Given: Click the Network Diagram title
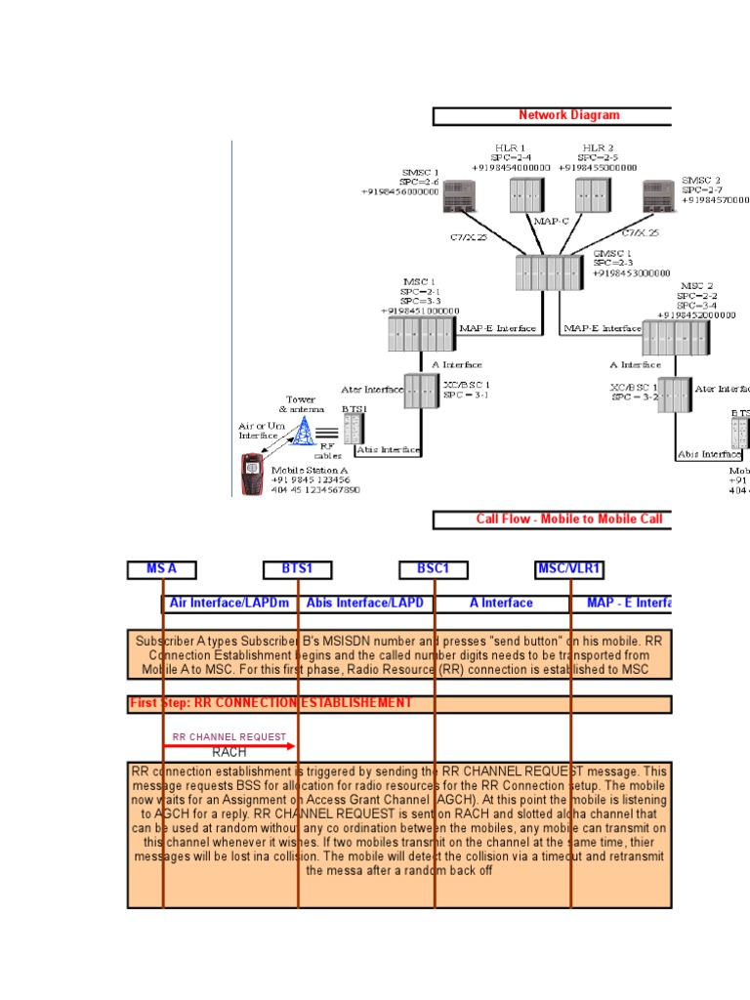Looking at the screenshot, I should point(568,115).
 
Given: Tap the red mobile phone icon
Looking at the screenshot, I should point(253,474).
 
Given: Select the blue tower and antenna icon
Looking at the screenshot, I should point(305,429).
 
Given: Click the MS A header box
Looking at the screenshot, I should point(161,569).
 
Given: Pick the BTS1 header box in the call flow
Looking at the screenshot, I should point(298,569).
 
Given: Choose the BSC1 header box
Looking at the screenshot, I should point(434,569).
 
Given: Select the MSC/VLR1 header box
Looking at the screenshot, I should point(570,569).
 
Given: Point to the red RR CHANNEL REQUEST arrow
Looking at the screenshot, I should point(229,746).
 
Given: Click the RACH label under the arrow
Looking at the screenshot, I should point(229,753).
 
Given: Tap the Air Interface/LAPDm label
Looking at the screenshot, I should point(229,604).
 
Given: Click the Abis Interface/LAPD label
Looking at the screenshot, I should point(365,604).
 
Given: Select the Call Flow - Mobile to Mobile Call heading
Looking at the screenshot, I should point(568,520).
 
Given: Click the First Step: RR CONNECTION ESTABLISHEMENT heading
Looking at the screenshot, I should point(271,703).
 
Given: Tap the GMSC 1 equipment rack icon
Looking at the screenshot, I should point(549,272).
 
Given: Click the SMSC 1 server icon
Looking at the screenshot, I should point(457,196).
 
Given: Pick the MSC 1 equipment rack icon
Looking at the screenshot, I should point(422,334).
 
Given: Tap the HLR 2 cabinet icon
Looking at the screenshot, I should point(591,194).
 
